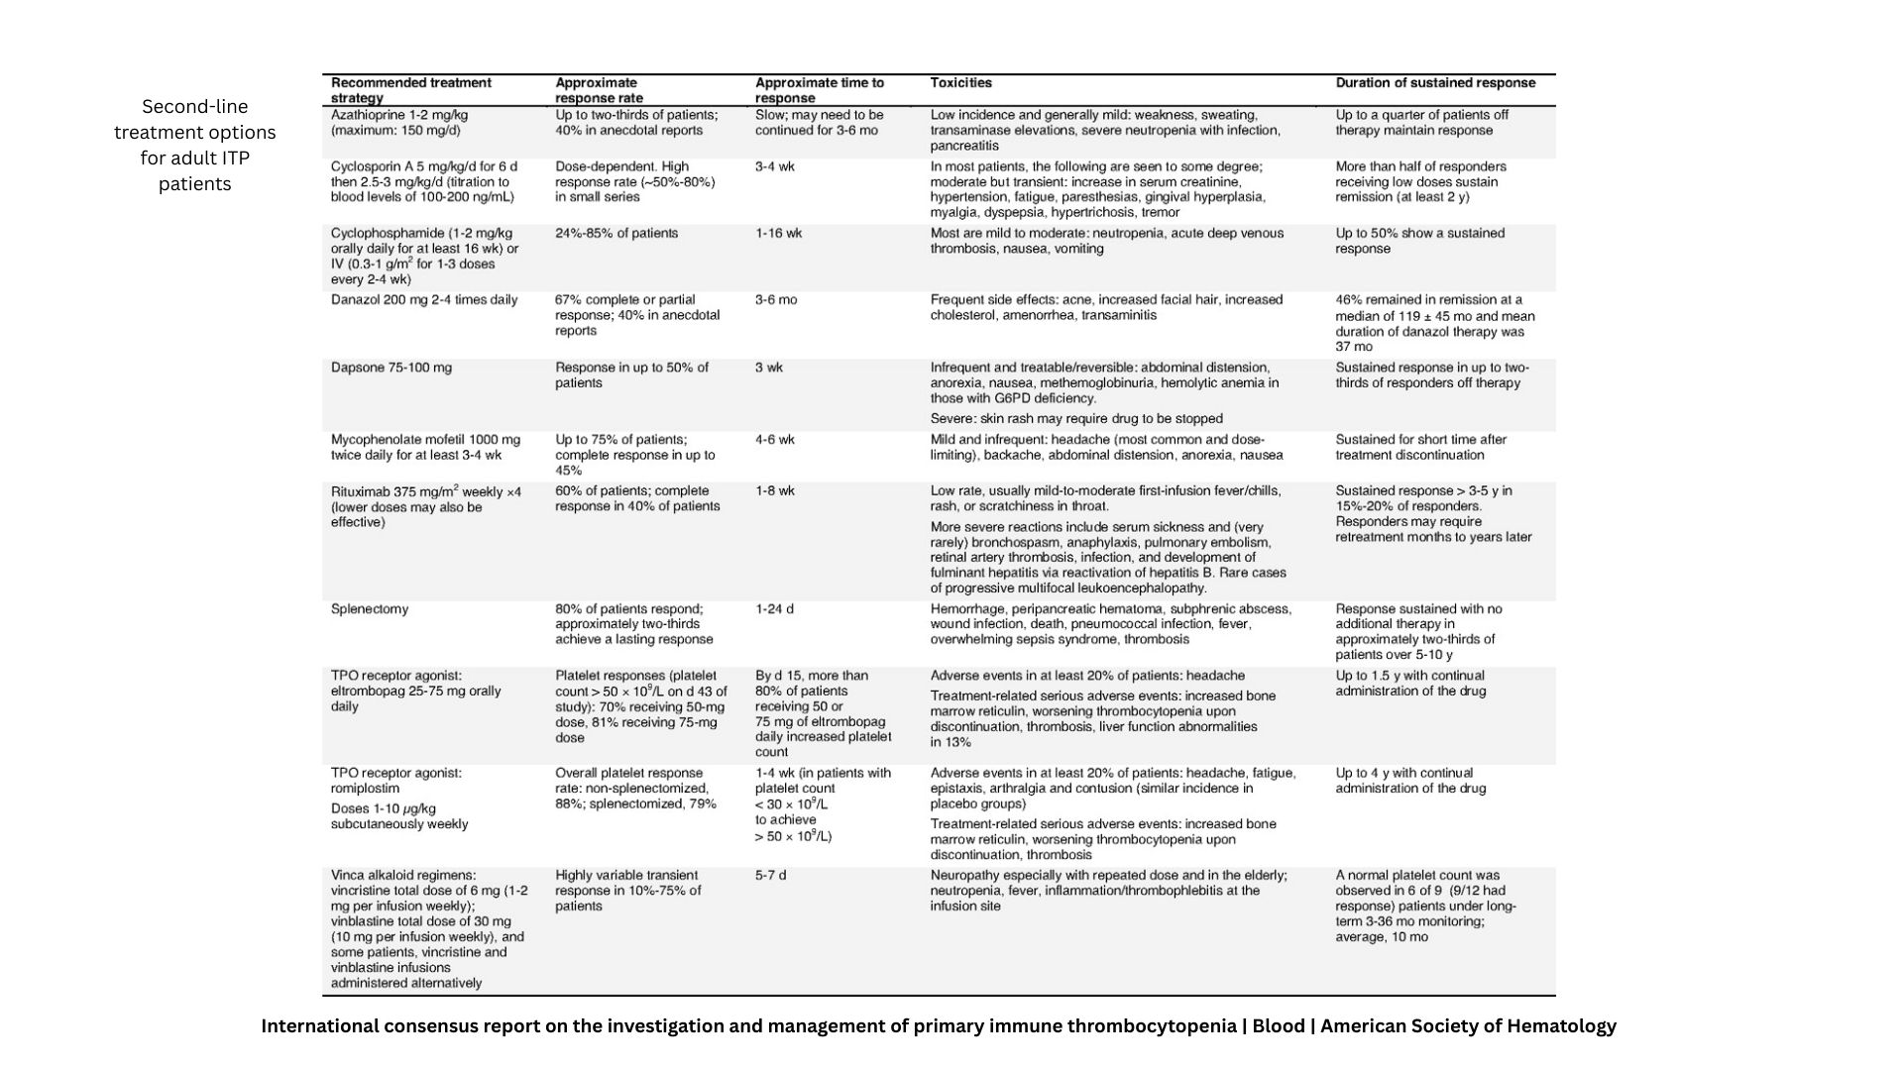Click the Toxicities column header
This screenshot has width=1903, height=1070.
960,83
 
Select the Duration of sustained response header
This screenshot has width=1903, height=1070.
1435,83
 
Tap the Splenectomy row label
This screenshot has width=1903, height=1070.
369,609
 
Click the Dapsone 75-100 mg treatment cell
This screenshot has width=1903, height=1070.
391,368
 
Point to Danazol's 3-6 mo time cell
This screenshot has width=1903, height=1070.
775,300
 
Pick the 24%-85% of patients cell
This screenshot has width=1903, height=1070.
616,234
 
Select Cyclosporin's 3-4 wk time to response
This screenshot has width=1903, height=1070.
774,166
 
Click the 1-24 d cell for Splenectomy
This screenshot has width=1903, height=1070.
774,609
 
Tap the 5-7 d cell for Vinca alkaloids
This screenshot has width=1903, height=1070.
770,876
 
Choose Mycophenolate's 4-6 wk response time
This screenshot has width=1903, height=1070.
774,440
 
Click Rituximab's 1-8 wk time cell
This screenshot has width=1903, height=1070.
774,491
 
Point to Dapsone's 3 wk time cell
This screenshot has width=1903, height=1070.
768,368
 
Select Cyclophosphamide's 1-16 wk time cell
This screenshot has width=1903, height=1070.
778,234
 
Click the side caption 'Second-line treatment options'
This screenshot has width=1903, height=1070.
194,145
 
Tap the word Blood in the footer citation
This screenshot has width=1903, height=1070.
1278,1026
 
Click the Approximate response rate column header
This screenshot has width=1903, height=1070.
599,90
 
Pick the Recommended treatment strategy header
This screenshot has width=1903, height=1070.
410,90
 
